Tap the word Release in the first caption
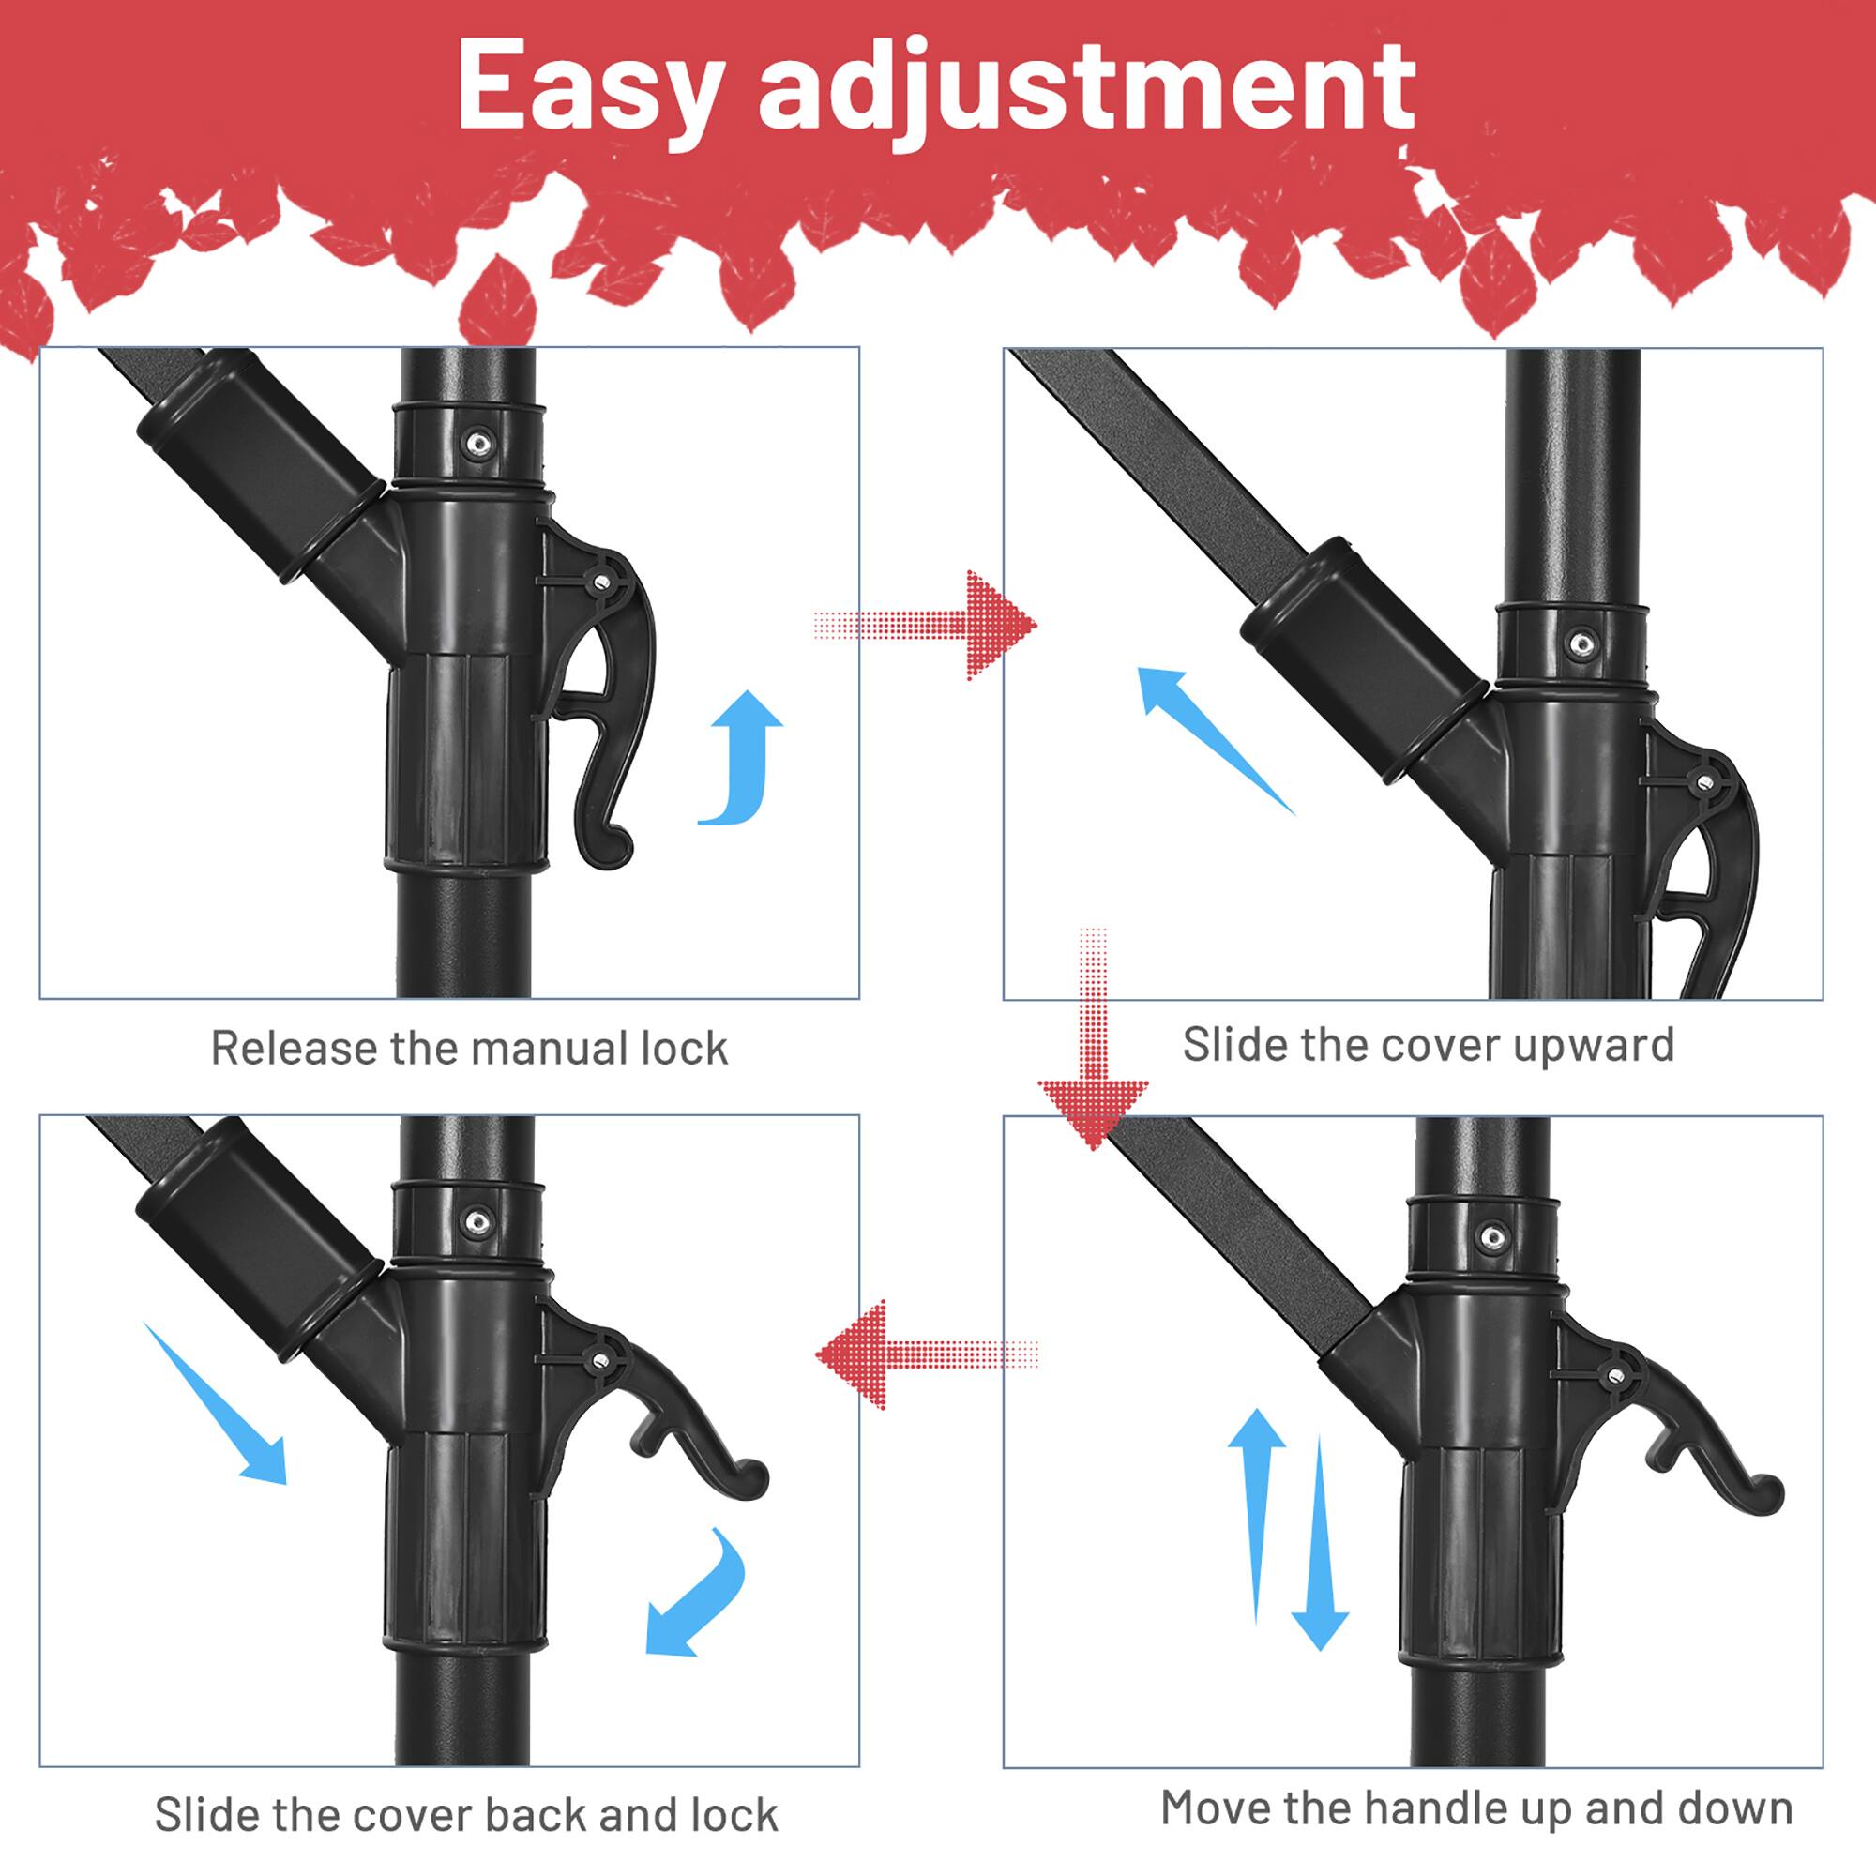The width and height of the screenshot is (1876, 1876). coord(294,1049)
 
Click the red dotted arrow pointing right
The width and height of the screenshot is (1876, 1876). coord(932,625)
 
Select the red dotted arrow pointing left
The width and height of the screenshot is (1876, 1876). coord(922,1354)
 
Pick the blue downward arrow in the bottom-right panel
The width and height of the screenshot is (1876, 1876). coord(1320,1544)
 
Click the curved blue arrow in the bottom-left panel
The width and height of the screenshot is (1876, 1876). coord(699,1593)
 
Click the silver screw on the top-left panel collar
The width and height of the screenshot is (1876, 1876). coord(477,444)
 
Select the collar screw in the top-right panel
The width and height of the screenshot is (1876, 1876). coord(1581,643)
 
